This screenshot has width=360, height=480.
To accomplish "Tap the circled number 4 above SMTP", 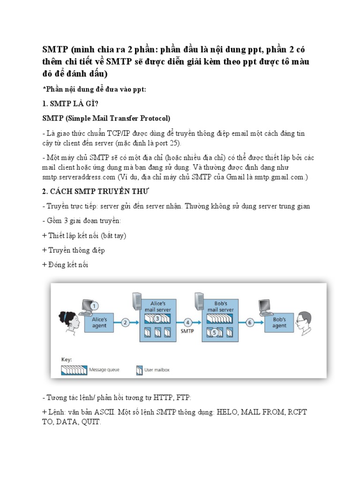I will [x=187, y=322].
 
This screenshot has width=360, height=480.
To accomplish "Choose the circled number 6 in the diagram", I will [x=249, y=322].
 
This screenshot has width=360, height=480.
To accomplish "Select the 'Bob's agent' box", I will [x=279, y=322].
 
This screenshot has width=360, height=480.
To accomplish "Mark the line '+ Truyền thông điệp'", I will [x=74, y=250].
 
